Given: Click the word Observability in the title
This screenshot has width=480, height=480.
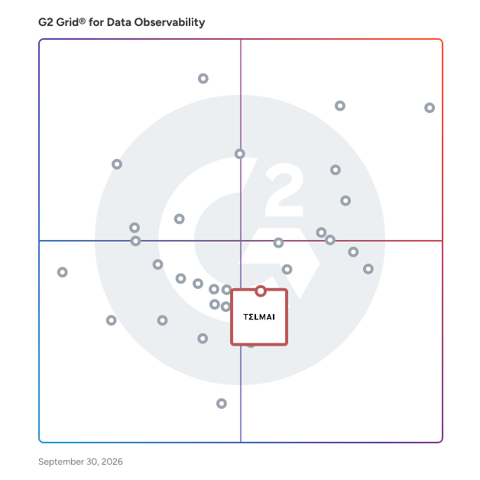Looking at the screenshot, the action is pyautogui.click(x=170, y=22).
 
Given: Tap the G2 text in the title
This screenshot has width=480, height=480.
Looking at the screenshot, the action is pyautogui.click(x=46, y=22).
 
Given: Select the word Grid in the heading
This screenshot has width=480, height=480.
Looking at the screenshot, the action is pyautogui.click(x=67, y=22).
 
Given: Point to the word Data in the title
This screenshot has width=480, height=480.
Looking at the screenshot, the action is pyautogui.click(x=119, y=22).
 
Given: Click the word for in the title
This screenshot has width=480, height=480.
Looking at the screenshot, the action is pyautogui.click(x=96, y=22).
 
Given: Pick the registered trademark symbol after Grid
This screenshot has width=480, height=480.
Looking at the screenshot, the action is pyautogui.click(x=82, y=21).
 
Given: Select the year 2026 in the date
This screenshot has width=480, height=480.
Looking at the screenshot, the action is pyautogui.click(x=112, y=462).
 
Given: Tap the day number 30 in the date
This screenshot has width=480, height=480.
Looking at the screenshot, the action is pyautogui.click(x=92, y=462).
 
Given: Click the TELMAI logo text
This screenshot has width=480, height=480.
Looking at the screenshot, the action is pyautogui.click(x=259, y=317).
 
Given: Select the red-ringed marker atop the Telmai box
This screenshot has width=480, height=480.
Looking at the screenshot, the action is pyautogui.click(x=261, y=290).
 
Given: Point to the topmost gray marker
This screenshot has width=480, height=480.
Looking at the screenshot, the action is pyautogui.click(x=203, y=79).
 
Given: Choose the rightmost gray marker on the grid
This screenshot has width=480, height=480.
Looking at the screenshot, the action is pyautogui.click(x=430, y=108).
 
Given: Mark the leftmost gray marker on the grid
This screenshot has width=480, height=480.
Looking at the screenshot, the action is pyautogui.click(x=63, y=272).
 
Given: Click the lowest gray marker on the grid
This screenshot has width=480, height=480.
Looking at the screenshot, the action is pyautogui.click(x=222, y=404).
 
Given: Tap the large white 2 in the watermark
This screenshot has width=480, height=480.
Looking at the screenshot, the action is pyautogui.click(x=284, y=190).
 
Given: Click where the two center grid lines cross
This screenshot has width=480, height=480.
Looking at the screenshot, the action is pyautogui.click(x=241, y=241).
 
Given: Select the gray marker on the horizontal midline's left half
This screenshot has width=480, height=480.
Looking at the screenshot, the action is pyautogui.click(x=135, y=241).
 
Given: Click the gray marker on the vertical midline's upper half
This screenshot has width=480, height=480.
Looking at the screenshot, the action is pyautogui.click(x=240, y=154).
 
